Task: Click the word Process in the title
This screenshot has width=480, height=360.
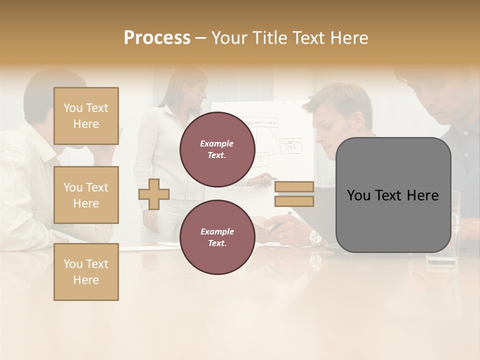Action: (x=157, y=38)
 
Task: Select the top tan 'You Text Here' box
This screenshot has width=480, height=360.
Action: (x=86, y=116)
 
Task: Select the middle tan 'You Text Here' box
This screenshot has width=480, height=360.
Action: (x=86, y=195)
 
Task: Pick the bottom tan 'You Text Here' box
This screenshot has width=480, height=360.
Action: (x=86, y=271)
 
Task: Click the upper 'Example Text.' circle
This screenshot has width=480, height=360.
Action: (x=217, y=149)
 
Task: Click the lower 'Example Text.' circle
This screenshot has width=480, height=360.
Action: (x=217, y=237)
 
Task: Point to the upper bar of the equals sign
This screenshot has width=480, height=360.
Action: (x=294, y=186)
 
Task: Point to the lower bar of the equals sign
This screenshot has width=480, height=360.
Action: (x=294, y=201)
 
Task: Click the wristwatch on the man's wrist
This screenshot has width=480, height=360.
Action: (x=315, y=236)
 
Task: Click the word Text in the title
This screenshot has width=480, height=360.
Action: (x=308, y=38)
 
